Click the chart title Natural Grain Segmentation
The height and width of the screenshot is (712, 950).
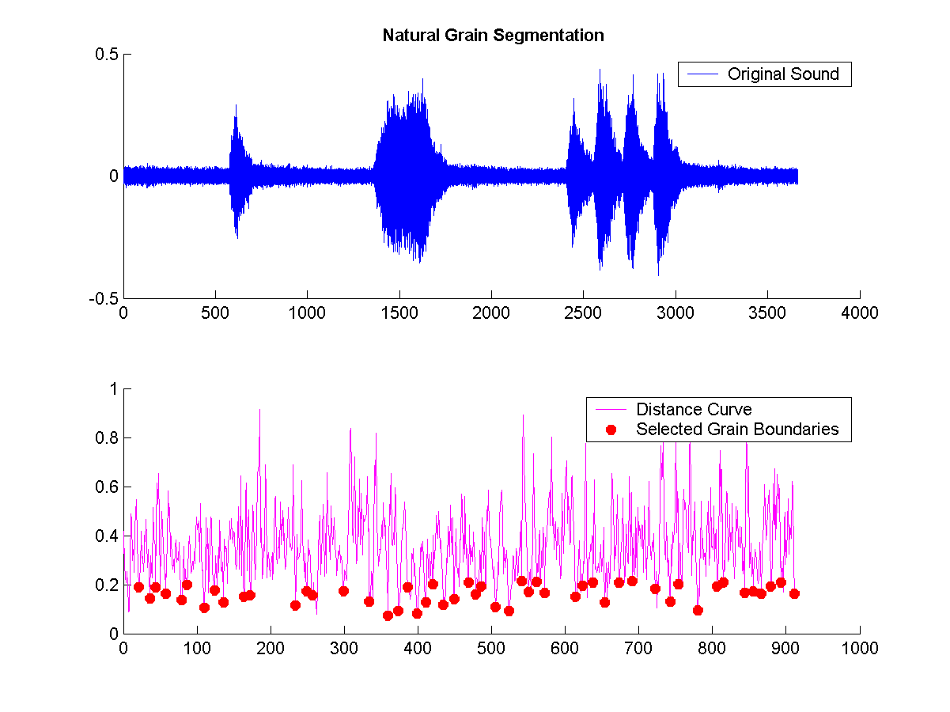click(x=493, y=36)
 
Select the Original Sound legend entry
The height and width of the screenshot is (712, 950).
click(x=783, y=74)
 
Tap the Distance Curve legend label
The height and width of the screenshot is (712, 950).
click(x=694, y=409)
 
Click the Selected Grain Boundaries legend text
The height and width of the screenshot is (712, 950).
click(x=737, y=430)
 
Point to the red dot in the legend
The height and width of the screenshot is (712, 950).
click(x=610, y=430)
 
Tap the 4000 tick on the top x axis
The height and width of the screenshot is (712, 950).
click(x=860, y=312)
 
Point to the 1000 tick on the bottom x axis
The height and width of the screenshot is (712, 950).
click(x=860, y=647)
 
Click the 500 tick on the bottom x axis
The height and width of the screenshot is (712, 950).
click(x=491, y=647)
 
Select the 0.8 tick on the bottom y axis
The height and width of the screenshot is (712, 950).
click(x=108, y=438)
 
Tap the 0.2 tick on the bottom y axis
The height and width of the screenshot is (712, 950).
click(x=108, y=585)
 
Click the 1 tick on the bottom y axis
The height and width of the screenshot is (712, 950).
click(x=113, y=389)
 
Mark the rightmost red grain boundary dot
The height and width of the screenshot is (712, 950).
click(x=794, y=593)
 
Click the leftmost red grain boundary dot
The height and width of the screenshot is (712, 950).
click(x=138, y=587)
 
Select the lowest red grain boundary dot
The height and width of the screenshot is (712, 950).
click(x=388, y=615)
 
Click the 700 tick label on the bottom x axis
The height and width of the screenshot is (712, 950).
click(x=638, y=647)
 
